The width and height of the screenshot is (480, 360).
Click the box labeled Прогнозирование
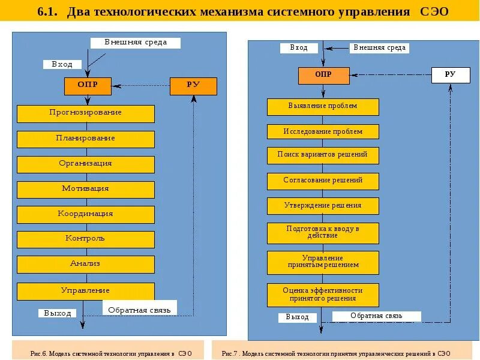[85, 113]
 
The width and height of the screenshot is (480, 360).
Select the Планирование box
[85, 139]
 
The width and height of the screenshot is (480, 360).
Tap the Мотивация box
[85, 189]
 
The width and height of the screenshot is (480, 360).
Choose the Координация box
[85, 214]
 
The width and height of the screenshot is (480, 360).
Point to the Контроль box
[85, 239]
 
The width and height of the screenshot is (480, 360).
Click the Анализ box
[85, 264]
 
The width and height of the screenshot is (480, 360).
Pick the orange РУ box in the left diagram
[193, 86]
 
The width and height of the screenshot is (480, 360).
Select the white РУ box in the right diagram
[450, 75]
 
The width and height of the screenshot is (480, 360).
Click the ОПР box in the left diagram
[88, 86]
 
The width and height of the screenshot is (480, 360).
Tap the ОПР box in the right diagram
[323, 75]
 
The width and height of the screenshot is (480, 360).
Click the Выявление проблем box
[323, 106]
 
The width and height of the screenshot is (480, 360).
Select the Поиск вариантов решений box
[323, 155]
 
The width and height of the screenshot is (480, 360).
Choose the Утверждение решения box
[323, 206]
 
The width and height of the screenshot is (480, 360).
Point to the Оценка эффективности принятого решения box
[323, 294]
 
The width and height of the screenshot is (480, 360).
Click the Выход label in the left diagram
[58, 313]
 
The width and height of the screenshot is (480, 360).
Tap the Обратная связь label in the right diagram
[377, 316]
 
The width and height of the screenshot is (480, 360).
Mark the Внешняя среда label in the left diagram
[136, 43]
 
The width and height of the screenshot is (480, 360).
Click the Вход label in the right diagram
[299, 48]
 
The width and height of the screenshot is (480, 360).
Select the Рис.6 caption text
[111, 353]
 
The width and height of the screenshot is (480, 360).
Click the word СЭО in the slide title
[433, 11]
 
